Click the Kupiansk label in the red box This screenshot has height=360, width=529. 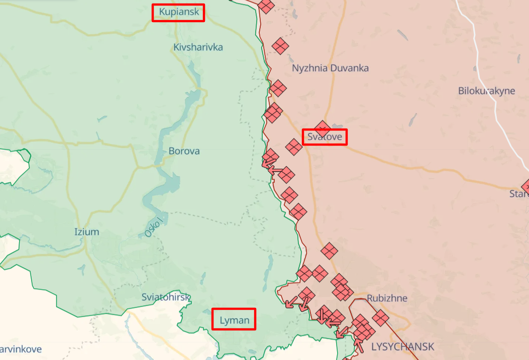click(178, 12)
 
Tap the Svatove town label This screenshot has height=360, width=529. click(325, 137)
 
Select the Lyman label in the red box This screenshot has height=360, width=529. click(234, 319)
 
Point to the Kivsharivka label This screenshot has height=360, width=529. click(198, 47)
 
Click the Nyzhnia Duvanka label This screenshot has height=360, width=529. click(330, 68)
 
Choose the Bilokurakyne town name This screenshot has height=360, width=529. click(486, 91)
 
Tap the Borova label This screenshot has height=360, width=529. click(184, 151)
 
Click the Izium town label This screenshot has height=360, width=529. click(86, 232)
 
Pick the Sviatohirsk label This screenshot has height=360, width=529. click(166, 297)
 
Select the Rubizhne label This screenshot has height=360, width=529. click(387, 298)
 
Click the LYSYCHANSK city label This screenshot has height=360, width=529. click(402, 346)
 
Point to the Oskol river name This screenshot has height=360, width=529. click(154, 227)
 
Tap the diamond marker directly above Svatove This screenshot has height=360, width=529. click(322, 127)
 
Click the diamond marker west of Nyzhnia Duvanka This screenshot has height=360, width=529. click(280, 47)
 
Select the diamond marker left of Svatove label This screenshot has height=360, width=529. click(294, 147)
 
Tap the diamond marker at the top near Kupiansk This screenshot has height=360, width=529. click(266, 6)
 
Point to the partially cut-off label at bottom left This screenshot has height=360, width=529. click(21, 349)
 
